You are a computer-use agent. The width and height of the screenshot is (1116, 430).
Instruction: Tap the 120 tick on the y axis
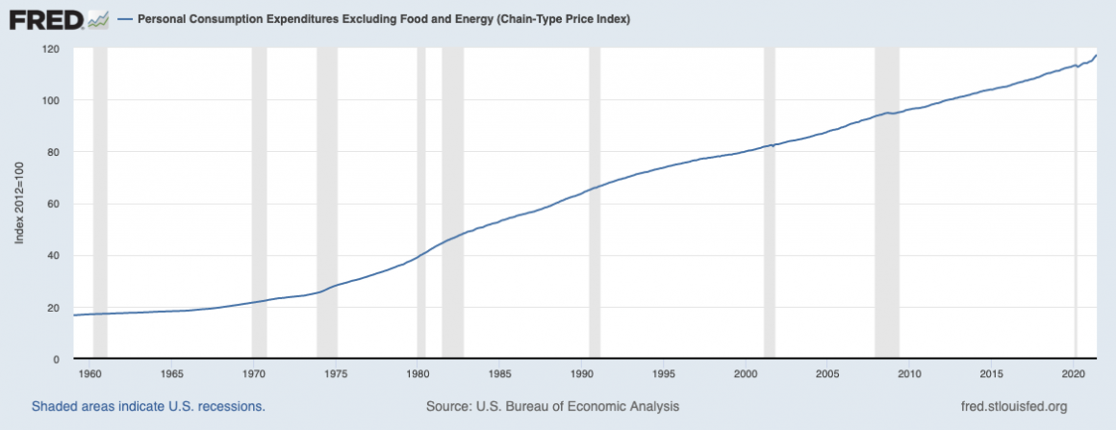point(52,48)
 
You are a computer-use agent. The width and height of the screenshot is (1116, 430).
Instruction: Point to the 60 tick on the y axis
point(52,204)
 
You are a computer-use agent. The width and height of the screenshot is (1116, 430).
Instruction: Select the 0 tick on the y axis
point(58,359)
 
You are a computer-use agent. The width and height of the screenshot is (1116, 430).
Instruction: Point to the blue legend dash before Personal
point(125,19)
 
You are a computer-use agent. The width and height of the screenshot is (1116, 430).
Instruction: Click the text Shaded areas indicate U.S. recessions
point(148,407)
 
